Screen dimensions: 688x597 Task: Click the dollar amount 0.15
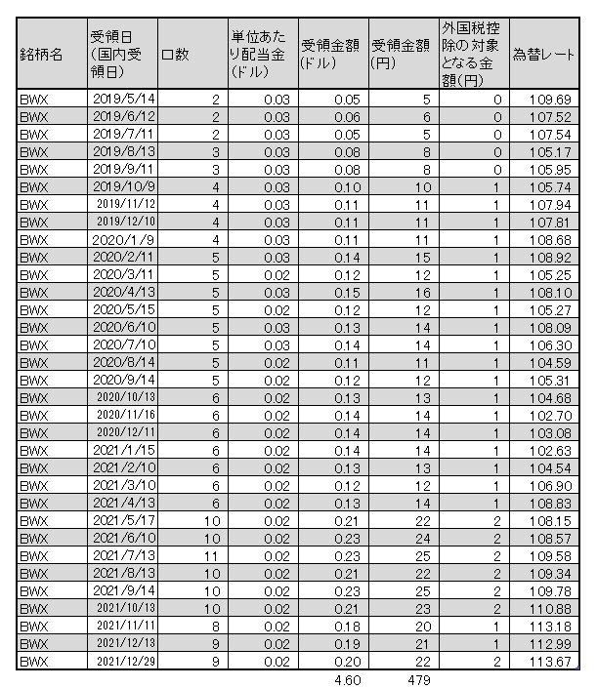tap(347, 293)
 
